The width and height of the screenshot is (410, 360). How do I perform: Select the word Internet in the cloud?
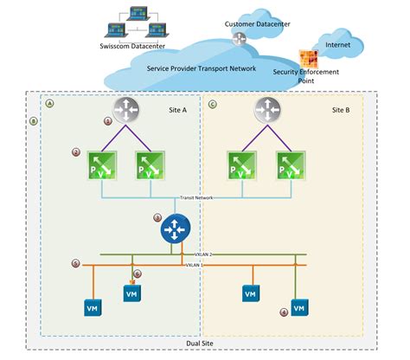[337, 43]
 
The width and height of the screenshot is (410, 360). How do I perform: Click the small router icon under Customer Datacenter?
[239, 37]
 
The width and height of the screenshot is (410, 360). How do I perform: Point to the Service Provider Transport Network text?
[203, 67]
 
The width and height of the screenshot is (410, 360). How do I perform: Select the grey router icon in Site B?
[268, 109]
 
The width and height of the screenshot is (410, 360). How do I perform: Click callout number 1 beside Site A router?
[107, 122]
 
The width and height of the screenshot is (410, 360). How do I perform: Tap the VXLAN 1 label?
[195, 264]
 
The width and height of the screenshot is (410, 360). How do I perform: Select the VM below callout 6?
[131, 294]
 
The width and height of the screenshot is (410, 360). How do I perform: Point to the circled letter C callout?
[213, 104]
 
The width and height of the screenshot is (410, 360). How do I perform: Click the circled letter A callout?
[49, 103]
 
